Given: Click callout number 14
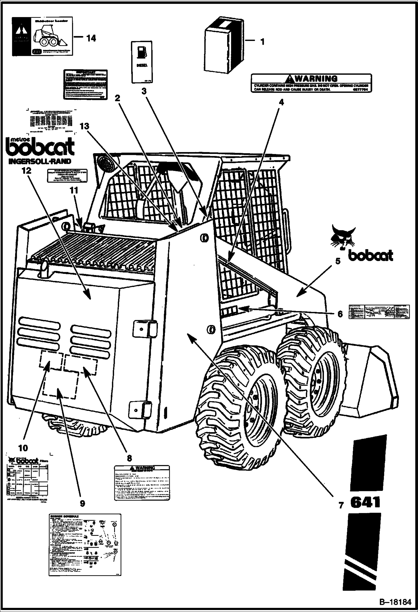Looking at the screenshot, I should click(x=91, y=38).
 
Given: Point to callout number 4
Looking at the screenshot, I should click(x=281, y=102).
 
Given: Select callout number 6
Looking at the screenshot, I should click(x=340, y=314).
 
